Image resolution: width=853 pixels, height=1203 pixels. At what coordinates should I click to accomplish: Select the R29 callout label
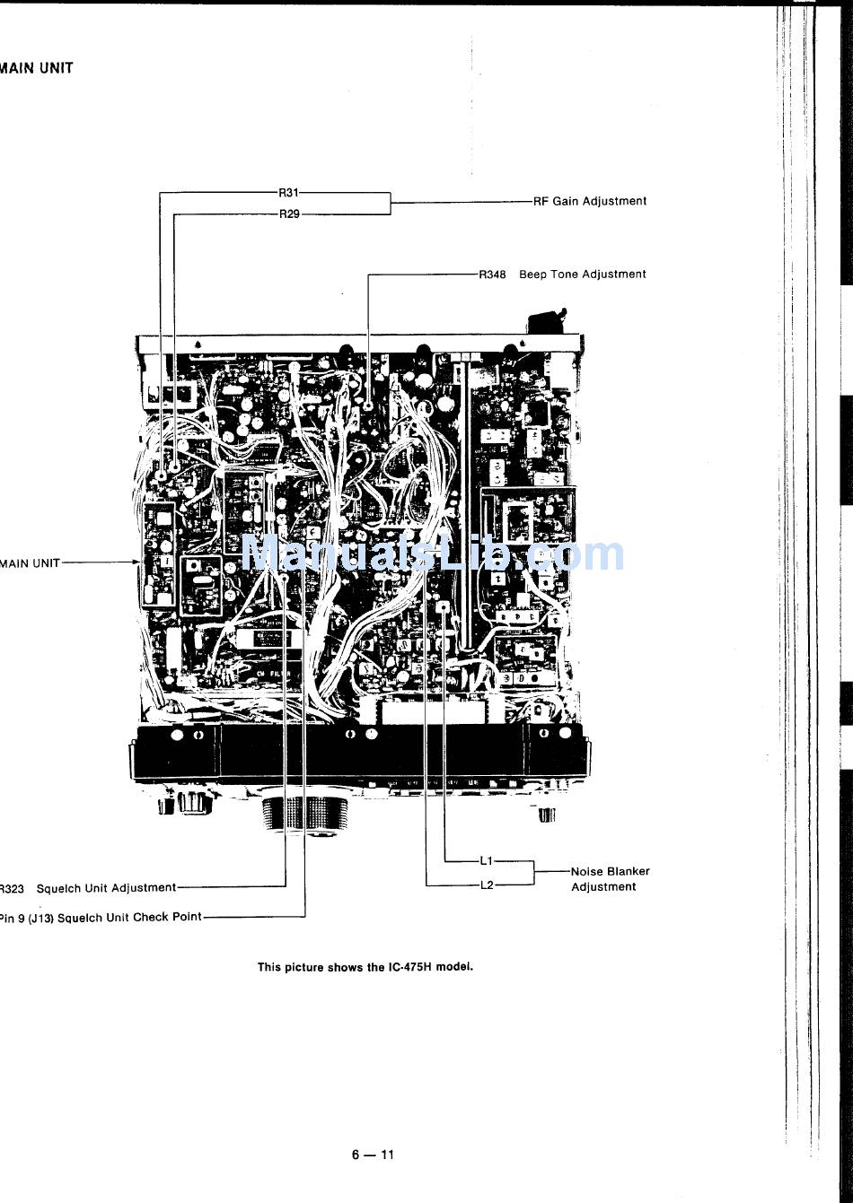point(288,214)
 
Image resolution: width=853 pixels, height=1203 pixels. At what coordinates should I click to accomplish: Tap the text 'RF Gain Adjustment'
point(590,202)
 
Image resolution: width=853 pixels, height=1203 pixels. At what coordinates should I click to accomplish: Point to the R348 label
point(492,275)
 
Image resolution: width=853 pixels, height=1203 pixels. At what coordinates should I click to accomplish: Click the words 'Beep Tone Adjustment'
point(583,275)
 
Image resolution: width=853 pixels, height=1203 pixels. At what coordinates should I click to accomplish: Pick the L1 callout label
point(486,861)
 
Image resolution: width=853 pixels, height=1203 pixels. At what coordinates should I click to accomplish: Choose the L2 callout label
point(486,885)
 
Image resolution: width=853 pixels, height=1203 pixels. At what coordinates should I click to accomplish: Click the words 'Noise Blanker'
point(610,871)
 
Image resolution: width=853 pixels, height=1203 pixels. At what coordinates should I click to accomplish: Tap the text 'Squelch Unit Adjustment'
point(106,888)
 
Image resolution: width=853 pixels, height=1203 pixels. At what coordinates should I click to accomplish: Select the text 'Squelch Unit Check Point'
point(129,918)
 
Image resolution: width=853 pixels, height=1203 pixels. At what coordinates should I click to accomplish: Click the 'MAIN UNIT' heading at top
point(37,68)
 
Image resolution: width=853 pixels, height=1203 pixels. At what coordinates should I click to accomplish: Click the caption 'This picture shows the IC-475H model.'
point(365,967)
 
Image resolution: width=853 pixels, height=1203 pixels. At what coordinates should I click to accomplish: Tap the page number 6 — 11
point(373,1155)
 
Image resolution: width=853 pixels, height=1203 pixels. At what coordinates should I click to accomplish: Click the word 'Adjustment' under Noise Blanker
point(603,887)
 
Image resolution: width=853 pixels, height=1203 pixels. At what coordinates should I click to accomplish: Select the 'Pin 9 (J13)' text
point(27,918)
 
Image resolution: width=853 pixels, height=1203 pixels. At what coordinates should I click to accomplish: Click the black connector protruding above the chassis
point(547,322)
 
